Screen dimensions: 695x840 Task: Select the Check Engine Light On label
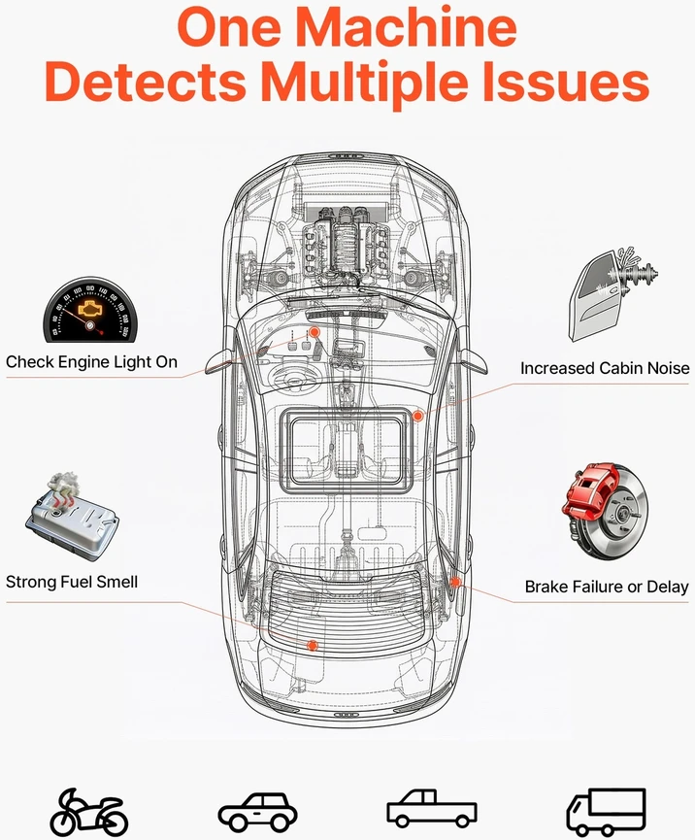click(91, 362)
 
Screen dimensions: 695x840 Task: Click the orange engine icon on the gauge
click(89, 309)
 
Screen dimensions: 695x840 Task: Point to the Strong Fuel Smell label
click(72, 582)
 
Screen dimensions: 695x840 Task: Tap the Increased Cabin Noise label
click(605, 369)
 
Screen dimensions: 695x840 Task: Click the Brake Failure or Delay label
click(606, 587)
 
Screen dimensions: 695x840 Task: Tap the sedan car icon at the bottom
click(257, 812)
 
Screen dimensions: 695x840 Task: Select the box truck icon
click(606, 811)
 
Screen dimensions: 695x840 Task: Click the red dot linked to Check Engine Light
click(314, 332)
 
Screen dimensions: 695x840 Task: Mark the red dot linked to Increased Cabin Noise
click(417, 416)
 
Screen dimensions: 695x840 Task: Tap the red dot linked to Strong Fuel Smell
click(313, 646)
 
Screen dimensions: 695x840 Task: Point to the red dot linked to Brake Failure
click(455, 582)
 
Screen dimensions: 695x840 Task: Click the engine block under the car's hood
click(345, 240)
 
